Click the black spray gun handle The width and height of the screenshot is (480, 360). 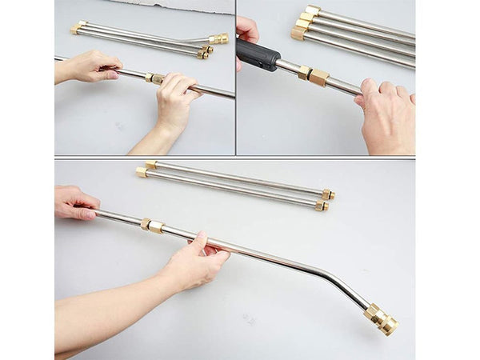pos(258,55)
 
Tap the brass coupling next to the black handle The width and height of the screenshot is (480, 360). pos(312,74)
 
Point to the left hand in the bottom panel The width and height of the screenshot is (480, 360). pos(76,203)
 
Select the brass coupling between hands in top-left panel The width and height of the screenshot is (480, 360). pos(152,78)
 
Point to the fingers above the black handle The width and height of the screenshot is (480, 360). pos(247,30)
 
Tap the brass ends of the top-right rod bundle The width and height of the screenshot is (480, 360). pos(304,22)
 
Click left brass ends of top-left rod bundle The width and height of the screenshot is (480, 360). pos(78,27)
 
